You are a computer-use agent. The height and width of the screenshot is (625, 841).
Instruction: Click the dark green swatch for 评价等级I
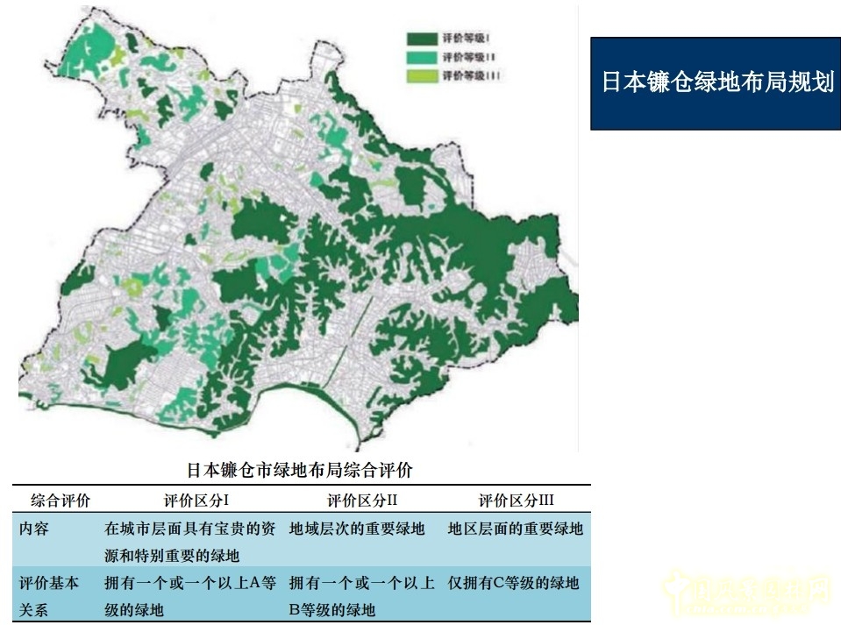tap(422, 39)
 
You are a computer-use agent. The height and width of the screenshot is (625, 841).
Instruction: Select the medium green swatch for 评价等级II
tap(422, 57)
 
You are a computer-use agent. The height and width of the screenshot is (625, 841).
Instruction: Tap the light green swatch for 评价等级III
tap(422, 75)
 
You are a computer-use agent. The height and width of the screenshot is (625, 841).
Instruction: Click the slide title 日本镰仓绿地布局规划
tap(716, 83)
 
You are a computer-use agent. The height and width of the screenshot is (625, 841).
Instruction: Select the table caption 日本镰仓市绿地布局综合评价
tap(300, 470)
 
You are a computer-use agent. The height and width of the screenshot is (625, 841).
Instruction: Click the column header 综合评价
tap(60, 501)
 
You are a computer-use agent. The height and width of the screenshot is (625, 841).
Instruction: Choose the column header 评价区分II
tap(363, 501)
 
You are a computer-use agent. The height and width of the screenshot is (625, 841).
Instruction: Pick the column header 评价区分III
tap(516, 501)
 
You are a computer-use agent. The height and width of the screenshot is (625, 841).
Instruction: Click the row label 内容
tap(35, 529)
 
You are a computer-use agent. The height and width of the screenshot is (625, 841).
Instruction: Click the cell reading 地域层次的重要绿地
tap(357, 529)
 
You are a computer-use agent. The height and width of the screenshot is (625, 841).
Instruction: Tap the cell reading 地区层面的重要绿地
tap(515, 529)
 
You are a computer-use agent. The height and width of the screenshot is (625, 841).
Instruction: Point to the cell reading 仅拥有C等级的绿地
tap(513, 583)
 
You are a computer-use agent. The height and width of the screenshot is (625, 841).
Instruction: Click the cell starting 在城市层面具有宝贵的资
tap(190, 542)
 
